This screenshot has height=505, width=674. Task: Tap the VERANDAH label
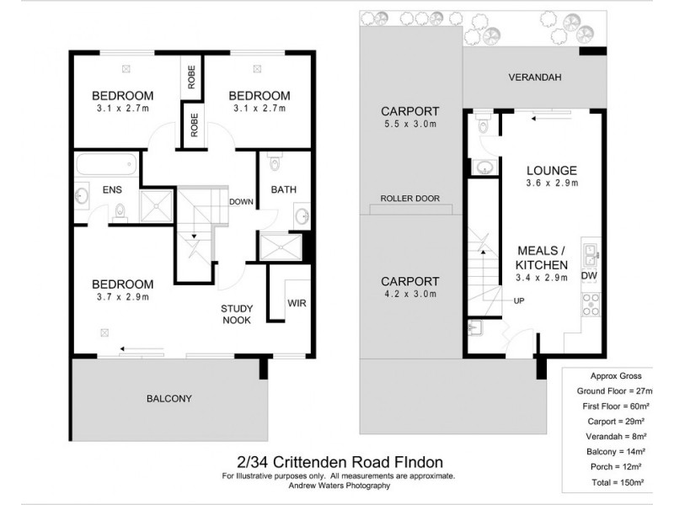pos(535,77)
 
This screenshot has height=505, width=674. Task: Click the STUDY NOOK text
pos(238,314)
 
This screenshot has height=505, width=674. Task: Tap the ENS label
pos(112,191)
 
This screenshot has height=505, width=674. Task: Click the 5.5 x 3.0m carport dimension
pos(409,125)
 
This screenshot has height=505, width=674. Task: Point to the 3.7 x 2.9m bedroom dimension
pos(122,296)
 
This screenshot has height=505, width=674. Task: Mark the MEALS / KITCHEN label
pos(543,258)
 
